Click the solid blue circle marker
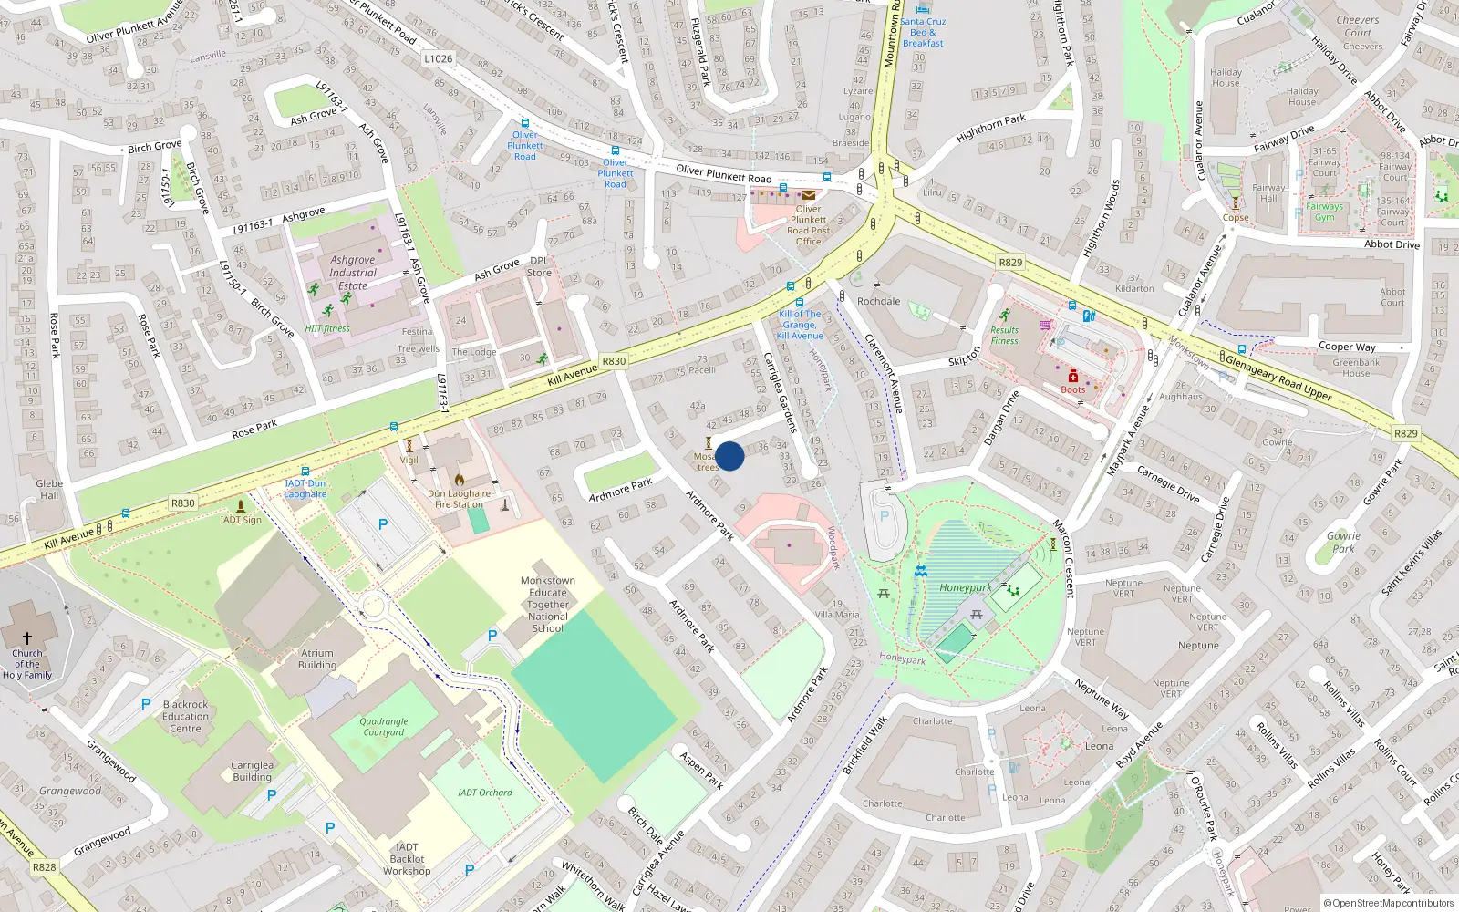coord(729,456)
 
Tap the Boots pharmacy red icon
coord(1073,377)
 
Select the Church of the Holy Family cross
coord(27,638)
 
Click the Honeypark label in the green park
coord(965,588)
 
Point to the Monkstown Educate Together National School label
coord(548,604)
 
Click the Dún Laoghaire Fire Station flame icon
coord(460,480)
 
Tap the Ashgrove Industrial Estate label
coord(353,273)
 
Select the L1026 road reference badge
coord(438,58)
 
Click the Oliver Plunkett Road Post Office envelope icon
coord(809,195)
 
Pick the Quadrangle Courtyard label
coord(384,727)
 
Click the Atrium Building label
coord(317,659)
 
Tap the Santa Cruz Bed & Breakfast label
coord(923,32)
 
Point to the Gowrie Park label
coord(1343,543)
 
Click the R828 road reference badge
coord(44,867)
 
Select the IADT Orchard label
coord(485,793)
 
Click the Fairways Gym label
coord(1324,212)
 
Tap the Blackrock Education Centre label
coord(185,716)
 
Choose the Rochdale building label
coord(878,301)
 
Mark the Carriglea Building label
coord(252,772)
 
